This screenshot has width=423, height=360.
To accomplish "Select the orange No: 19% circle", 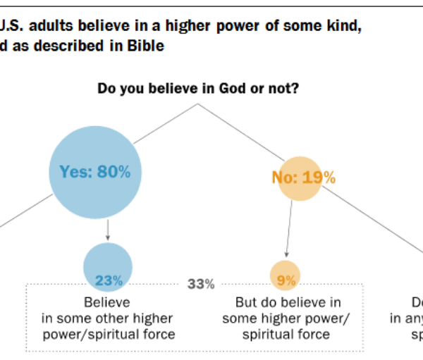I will pyautogui.click(x=303, y=177).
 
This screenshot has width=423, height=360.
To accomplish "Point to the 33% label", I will pyautogui.click(x=201, y=285).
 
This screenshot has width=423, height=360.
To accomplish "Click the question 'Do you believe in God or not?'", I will pyautogui.click(x=198, y=89).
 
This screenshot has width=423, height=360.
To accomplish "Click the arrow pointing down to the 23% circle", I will pyautogui.click(x=107, y=229).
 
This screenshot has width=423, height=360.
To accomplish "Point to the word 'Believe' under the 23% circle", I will pyautogui.click(x=108, y=303).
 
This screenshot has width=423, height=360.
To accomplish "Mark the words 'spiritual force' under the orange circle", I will pyautogui.click(x=286, y=334).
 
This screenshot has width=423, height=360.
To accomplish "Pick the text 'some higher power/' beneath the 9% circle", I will pyautogui.click(x=286, y=318).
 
